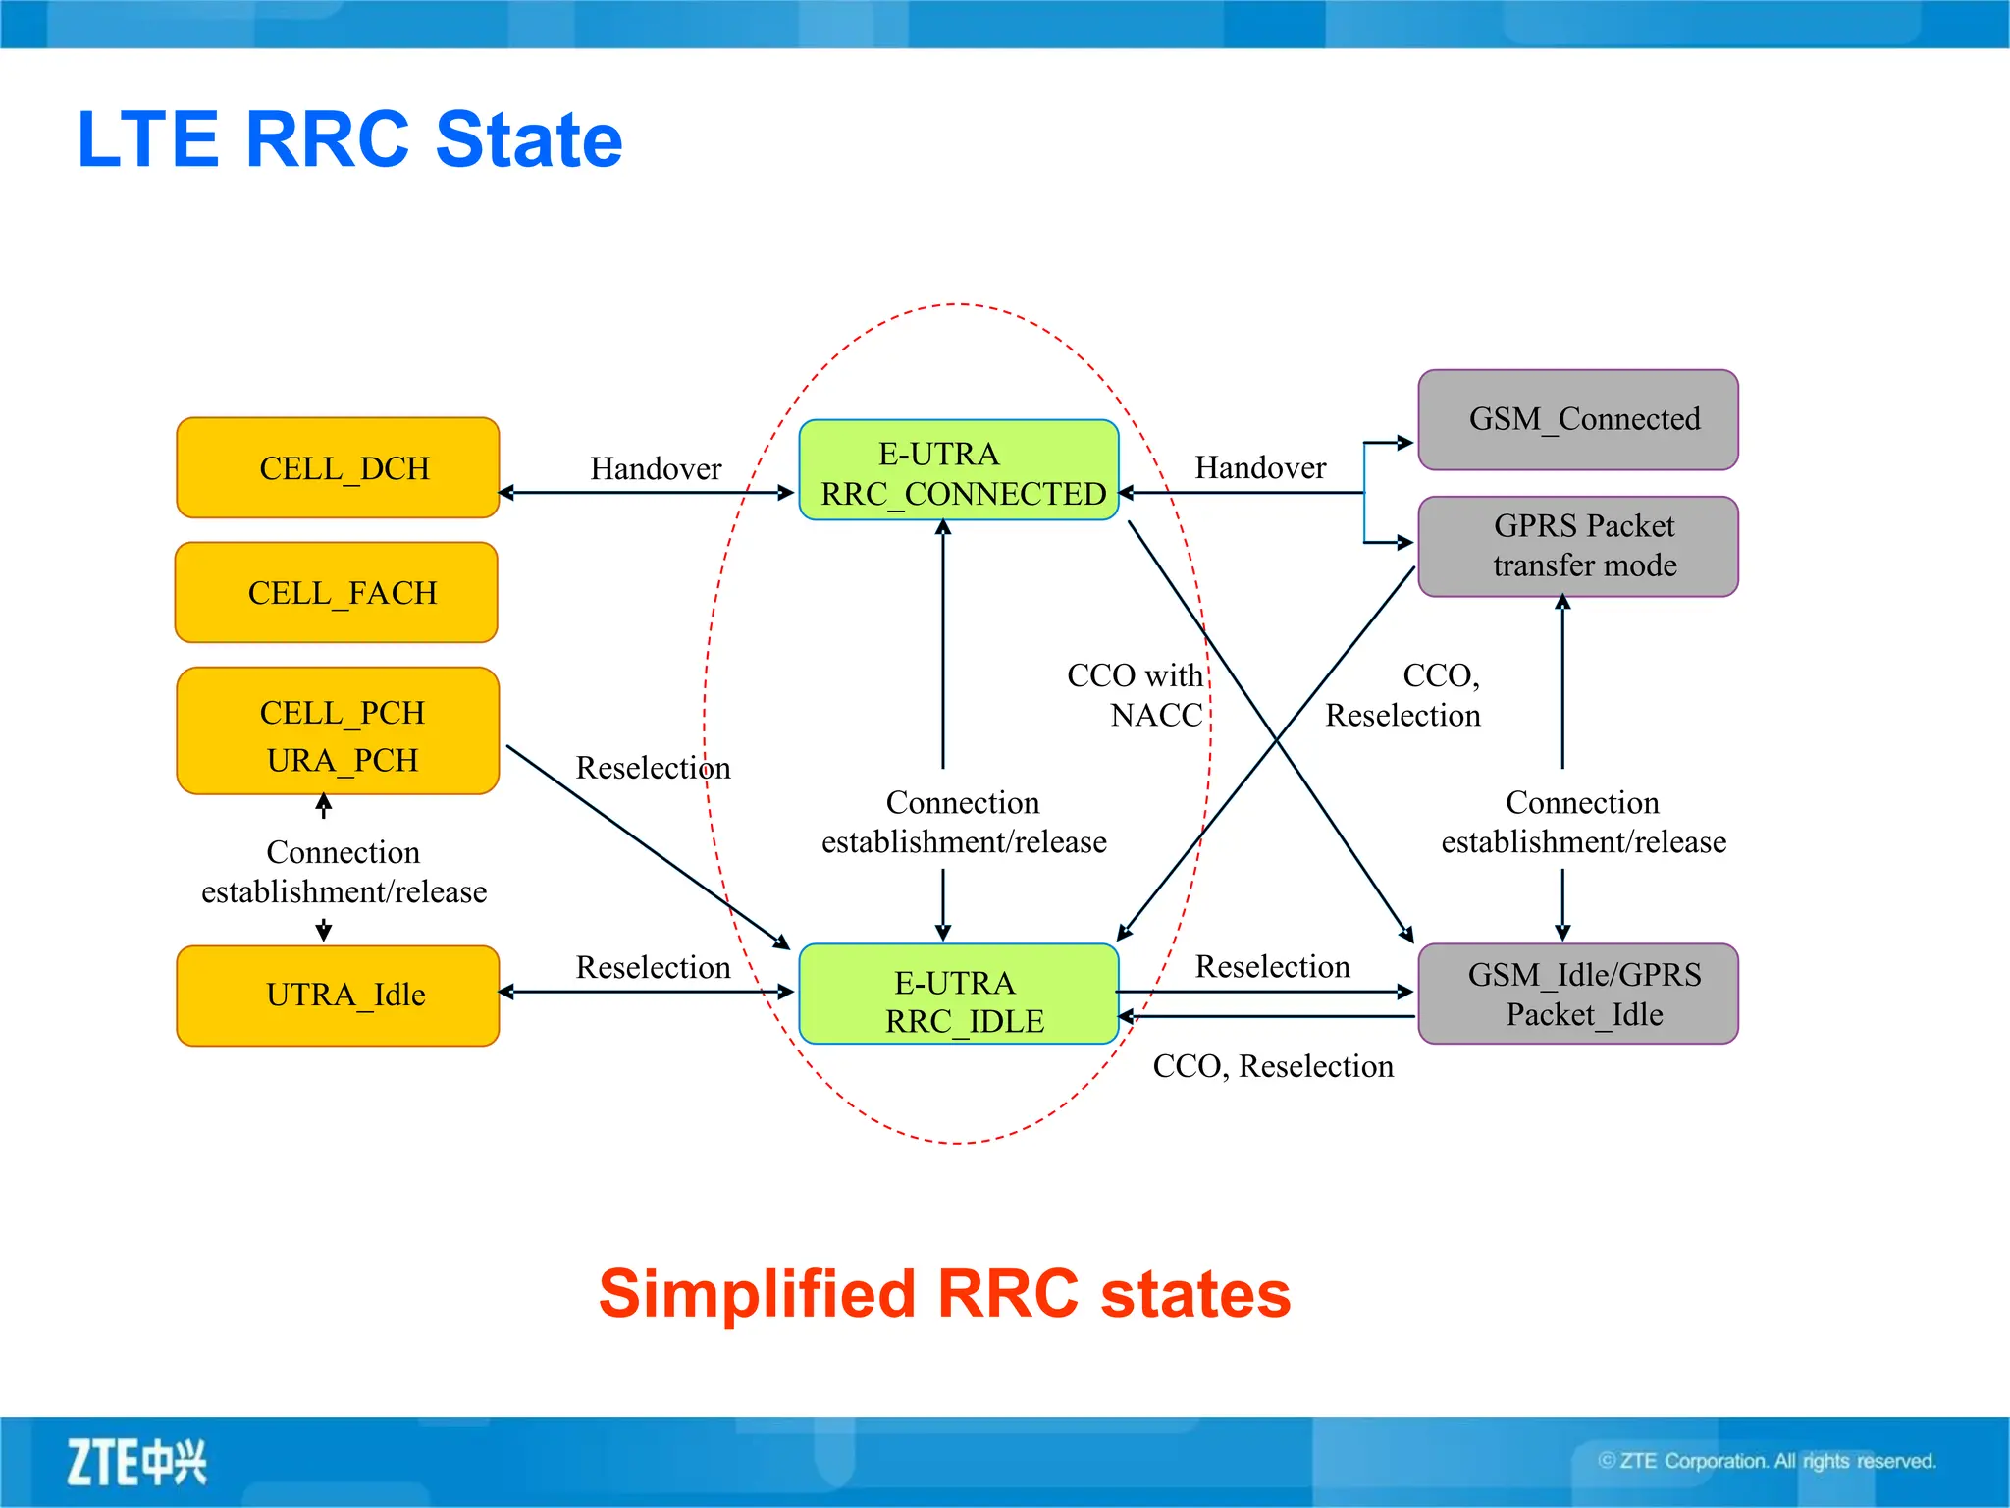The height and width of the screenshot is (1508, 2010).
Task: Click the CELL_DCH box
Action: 338,468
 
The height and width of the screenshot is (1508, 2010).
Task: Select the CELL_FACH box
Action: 337,593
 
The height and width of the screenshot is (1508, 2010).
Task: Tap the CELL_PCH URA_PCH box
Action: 338,731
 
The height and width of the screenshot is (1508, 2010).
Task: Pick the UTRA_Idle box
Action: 338,996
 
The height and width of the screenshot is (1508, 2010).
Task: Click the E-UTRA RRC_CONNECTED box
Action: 959,470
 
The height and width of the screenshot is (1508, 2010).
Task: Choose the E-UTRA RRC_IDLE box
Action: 959,994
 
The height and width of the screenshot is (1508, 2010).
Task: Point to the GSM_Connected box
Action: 1578,420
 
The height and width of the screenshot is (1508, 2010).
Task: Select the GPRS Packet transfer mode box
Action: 1578,546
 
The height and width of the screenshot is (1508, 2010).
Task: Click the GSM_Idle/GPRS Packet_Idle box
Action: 1578,994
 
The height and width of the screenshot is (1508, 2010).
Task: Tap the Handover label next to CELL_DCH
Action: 656,468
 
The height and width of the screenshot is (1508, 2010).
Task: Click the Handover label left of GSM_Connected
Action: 1260,467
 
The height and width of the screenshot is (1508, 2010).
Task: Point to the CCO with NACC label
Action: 1136,695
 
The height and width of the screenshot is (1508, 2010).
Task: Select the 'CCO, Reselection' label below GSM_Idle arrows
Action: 1273,1066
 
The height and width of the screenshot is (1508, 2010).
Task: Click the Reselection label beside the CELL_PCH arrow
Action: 653,768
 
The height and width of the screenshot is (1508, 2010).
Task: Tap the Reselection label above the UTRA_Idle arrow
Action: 653,967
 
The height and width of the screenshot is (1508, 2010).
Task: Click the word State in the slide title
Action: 528,139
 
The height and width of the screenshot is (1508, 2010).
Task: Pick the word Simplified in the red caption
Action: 757,1294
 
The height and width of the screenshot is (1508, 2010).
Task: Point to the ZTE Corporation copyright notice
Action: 1767,1461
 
